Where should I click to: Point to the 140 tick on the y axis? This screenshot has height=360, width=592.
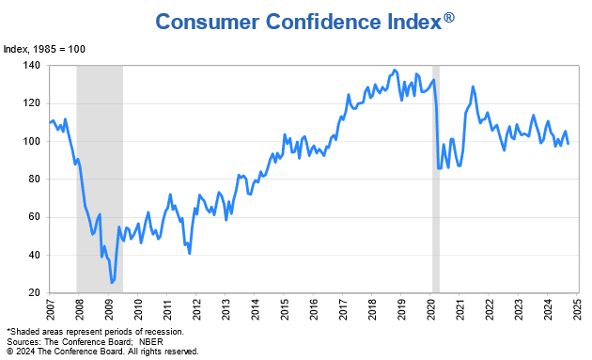pos(33,66)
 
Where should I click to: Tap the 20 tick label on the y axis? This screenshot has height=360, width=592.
pos(33,292)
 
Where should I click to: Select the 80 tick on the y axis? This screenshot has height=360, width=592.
pos(33,179)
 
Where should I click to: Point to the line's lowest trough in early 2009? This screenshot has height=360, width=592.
pos(112,282)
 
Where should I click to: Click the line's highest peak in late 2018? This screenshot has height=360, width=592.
pos(395,70)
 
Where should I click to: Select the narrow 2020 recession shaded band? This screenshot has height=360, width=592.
pos(436,179)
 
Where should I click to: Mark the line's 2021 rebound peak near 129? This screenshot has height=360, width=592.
pos(473,86)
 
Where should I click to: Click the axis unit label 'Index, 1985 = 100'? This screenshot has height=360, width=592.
pos(44,48)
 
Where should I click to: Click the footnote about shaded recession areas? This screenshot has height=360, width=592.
pos(95,332)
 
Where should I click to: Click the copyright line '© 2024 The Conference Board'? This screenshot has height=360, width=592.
pos(101,351)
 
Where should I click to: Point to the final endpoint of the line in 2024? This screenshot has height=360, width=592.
pos(568,143)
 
